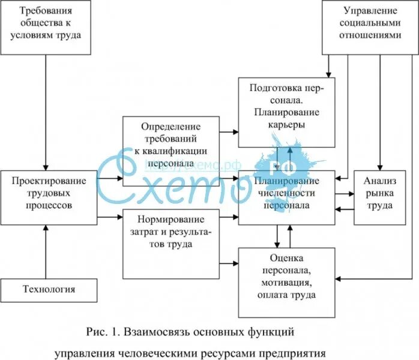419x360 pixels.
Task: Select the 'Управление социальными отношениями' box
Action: pyautogui.click(x=370, y=23)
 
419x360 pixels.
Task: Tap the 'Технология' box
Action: pyautogui.click(x=48, y=290)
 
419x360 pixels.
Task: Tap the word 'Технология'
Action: pyautogui.click(x=48, y=290)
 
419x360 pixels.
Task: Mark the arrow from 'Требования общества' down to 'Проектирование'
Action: pyautogui.click(x=46, y=108)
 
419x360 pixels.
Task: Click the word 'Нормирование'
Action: pyautogui.click(x=171, y=219)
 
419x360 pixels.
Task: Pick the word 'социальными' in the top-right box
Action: pyautogui.click(x=370, y=23)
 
